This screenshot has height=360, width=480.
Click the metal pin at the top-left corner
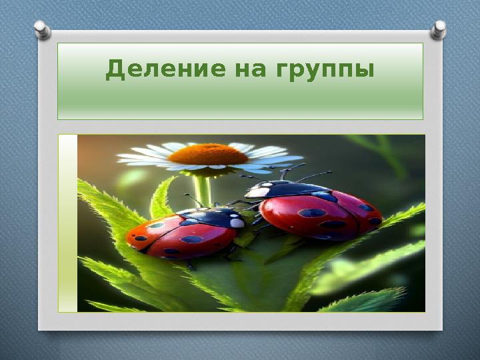coord(42,29)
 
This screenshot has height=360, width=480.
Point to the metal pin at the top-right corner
coord(438,29)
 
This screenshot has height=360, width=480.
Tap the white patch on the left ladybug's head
coord(237,223)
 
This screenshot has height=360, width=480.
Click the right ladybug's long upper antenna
coord(313,176)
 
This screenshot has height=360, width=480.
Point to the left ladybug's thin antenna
coord(193,199)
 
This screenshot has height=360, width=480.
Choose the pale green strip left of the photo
coord(67,223)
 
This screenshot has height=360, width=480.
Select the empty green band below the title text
coord(240,103)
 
